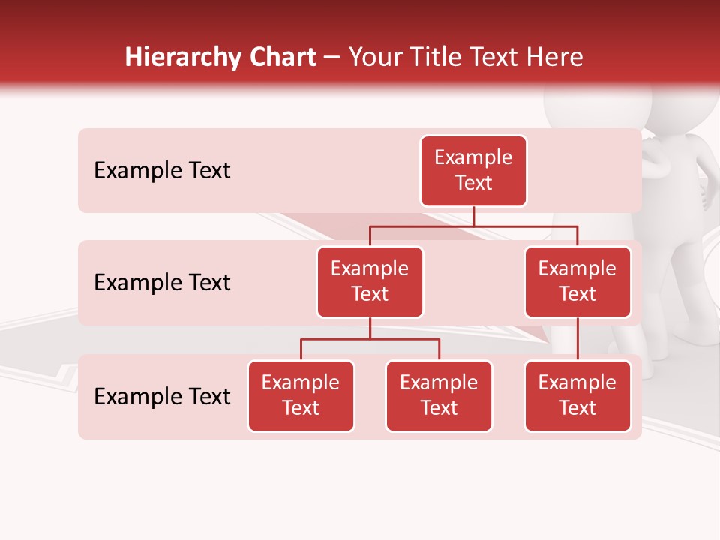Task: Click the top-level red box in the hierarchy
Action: coord(473,171)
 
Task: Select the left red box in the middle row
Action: coord(370,282)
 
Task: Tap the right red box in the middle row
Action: coord(577,282)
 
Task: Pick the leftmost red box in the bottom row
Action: coord(301,396)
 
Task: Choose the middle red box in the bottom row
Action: coord(439,396)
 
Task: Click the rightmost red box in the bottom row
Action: coord(577,396)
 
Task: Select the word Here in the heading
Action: coord(556,58)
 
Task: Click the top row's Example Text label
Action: coord(162,171)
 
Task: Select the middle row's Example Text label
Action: coord(162,283)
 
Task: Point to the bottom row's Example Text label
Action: coord(162,397)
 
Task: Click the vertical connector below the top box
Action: coord(473,216)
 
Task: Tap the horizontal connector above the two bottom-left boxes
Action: coord(370,339)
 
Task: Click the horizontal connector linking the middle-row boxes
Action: coord(473,226)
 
